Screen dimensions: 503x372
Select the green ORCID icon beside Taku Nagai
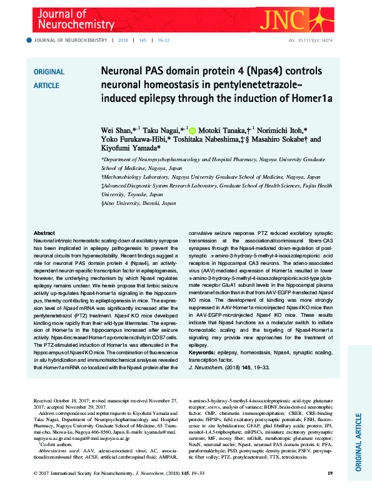click(191, 130)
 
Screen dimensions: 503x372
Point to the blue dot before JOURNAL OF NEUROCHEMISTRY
click(28, 40)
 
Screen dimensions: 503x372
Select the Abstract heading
click(44, 232)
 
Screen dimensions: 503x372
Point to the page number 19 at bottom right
click(330, 491)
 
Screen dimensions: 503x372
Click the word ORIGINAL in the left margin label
click(48, 72)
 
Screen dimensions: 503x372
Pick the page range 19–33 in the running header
click(163, 40)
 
